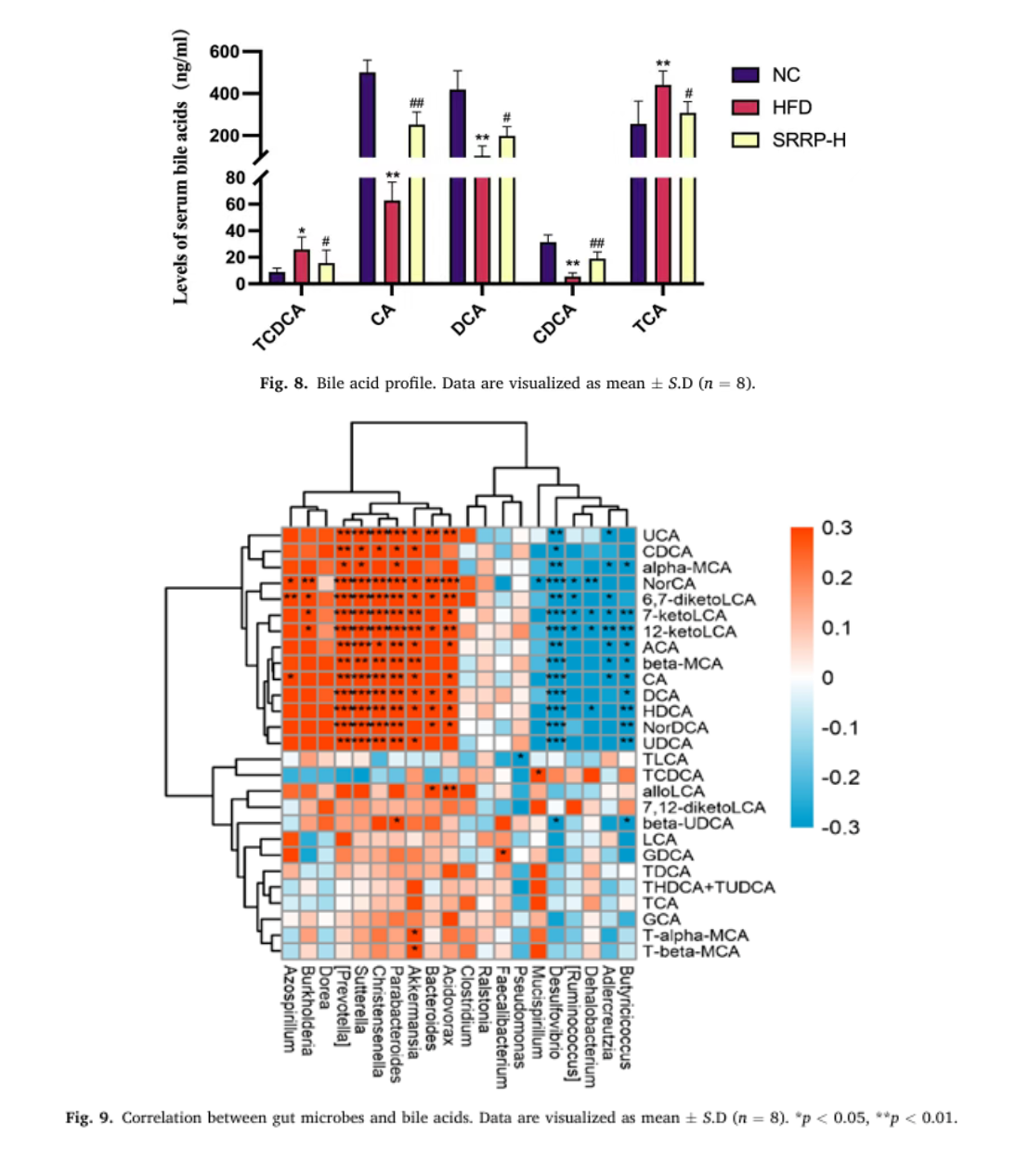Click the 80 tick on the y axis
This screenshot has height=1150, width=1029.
pos(235,177)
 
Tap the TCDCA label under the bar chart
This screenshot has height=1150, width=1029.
pos(280,327)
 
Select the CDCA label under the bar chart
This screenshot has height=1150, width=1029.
pos(554,323)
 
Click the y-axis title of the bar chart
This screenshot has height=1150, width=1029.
pos(181,167)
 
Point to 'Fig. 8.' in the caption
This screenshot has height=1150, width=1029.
pos(283,383)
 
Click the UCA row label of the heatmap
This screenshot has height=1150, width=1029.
pos(660,536)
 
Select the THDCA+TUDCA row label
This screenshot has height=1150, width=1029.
pos(708,887)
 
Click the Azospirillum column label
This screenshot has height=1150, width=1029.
pos(290,1009)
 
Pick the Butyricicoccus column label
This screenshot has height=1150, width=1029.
pos(626,1017)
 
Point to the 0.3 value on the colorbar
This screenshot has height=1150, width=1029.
pos(836,528)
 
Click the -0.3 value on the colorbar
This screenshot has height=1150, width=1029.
pos(840,827)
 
